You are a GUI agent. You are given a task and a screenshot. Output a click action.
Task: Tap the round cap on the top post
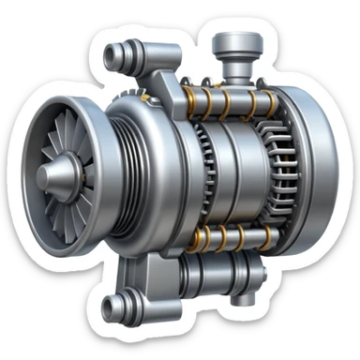[231, 42]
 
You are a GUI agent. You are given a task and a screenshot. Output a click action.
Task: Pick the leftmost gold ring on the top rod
[200, 94]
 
